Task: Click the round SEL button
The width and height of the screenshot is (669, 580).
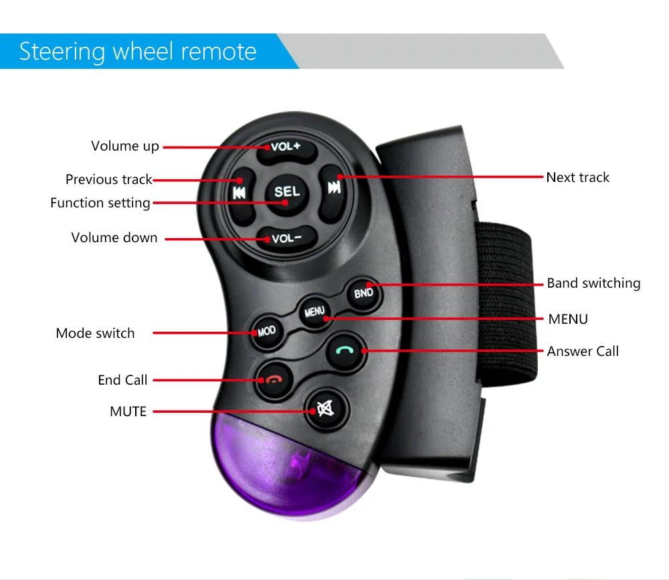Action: pyautogui.click(x=287, y=192)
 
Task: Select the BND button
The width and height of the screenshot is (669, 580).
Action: pyautogui.click(x=363, y=292)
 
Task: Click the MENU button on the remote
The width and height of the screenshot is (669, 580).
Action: pyautogui.click(x=314, y=312)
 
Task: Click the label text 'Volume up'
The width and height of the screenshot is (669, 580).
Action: pyautogui.click(x=125, y=146)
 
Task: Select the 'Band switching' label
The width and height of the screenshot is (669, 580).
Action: pyautogui.click(x=593, y=283)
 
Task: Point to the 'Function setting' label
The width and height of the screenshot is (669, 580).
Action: pyautogui.click(x=100, y=203)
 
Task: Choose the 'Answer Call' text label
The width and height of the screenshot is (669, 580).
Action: pyautogui.click(x=583, y=351)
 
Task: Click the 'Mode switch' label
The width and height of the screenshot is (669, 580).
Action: pyautogui.click(x=95, y=333)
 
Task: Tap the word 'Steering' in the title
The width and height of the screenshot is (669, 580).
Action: pyautogui.click(x=62, y=52)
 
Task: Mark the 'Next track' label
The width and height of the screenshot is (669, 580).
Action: pyautogui.click(x=578, y=177)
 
